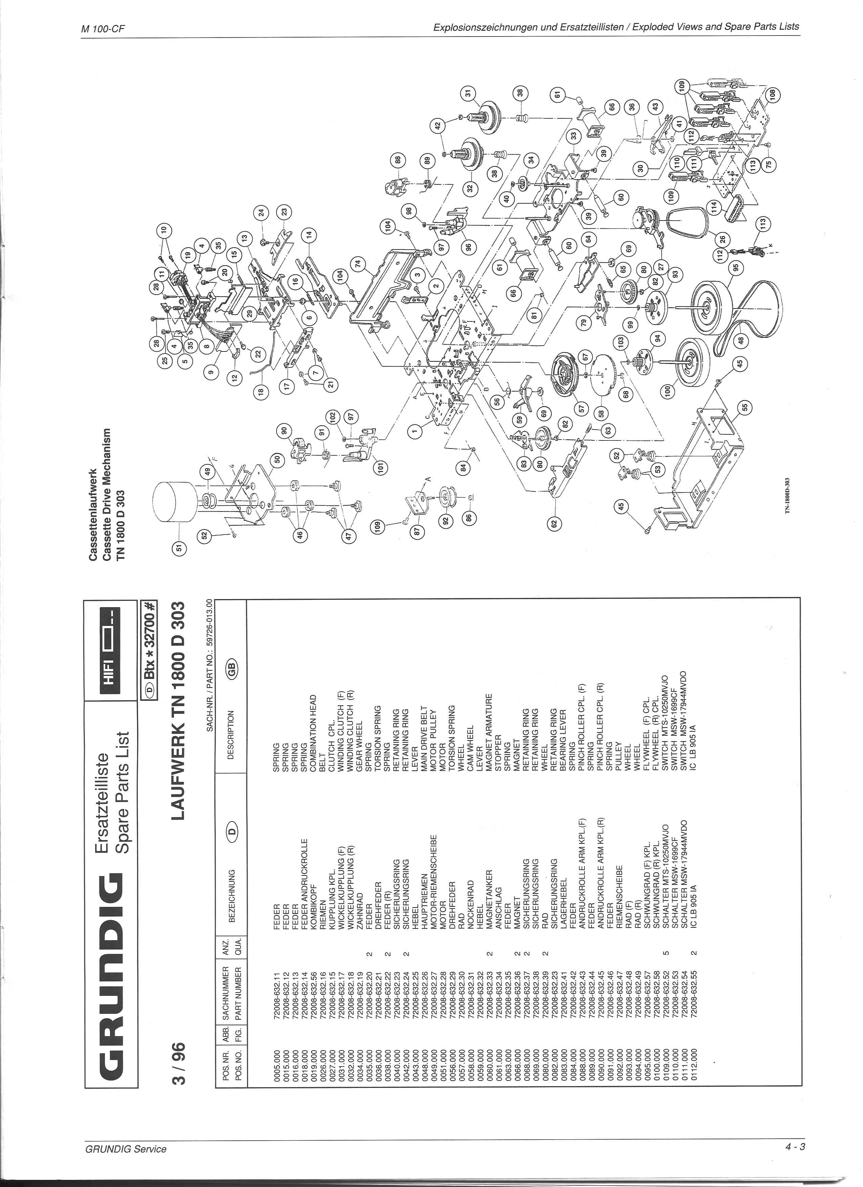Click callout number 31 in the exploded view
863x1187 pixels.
468,94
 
